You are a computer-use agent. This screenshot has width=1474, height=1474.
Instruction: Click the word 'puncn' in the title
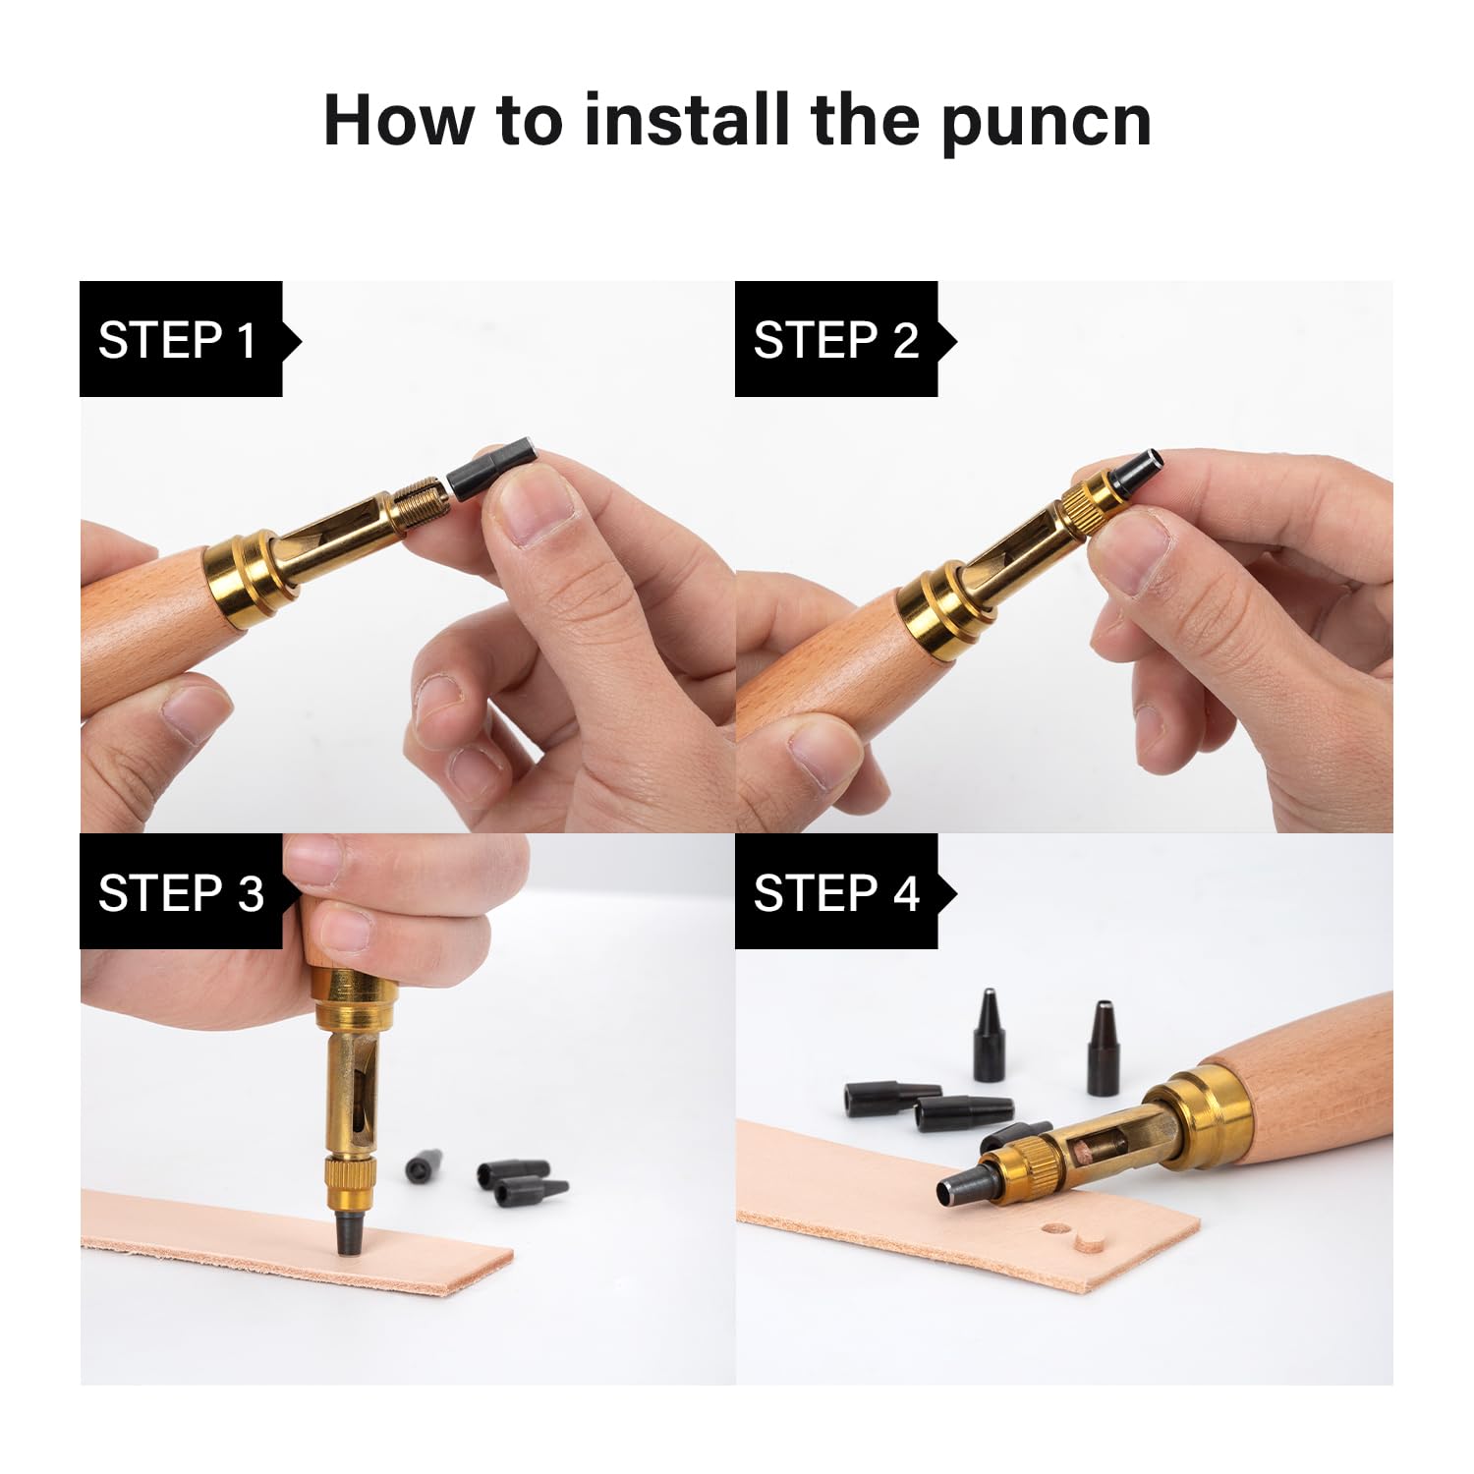pyautogui.click(x=1045, y=122)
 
